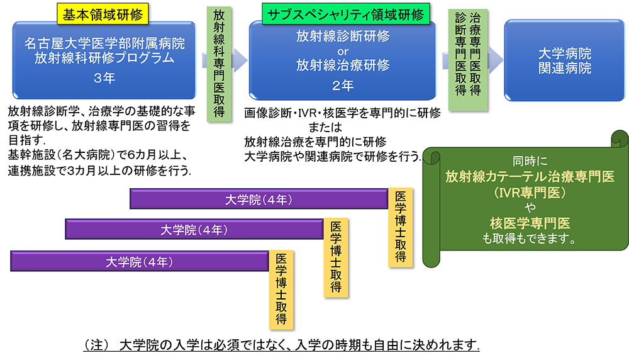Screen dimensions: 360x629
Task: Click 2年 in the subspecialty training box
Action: [x=343, y=84]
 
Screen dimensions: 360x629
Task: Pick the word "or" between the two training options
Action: [x=343, y=50]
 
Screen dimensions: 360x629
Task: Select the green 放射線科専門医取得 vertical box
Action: [x=219, y=62]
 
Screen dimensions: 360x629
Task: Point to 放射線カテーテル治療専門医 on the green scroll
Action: [x=530, y=177]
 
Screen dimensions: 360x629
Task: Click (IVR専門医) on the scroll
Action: [x=529, y=193]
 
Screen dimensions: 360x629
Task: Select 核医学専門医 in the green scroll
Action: [x=530, y=223]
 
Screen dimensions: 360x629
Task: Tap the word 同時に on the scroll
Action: [x=530, y=161]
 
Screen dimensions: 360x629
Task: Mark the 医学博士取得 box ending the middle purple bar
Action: [x=336, y=257]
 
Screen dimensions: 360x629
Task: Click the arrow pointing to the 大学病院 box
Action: [x=493, y=60]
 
